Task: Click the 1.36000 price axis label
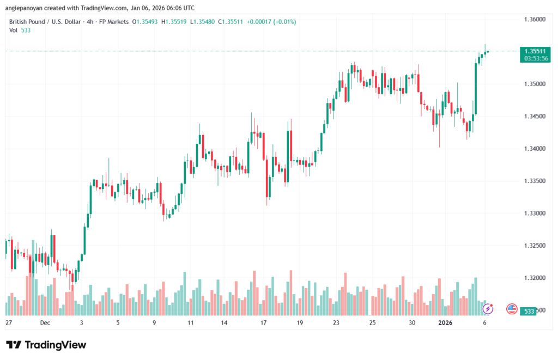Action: point(535,19)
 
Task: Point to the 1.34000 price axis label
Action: point(535,149)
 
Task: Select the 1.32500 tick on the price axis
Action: point(535,246)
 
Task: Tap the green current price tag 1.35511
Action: point(535,51)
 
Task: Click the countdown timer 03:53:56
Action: point(535,58)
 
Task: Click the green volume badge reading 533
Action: point(528,311)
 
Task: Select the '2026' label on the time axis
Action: point(446,323)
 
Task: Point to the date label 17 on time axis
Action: point(263,323)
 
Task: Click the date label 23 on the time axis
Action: point(336,323)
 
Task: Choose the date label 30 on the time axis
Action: point(412,323)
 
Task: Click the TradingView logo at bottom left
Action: point(46,345)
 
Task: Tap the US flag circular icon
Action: point(512,309)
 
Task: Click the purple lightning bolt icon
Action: point(488,309)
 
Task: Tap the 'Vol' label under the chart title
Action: point(13,30)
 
